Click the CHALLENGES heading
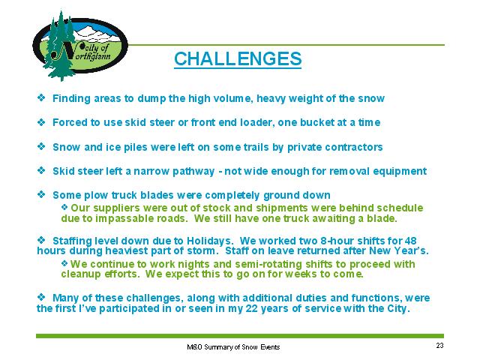pos(238,58)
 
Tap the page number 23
pos(440,346)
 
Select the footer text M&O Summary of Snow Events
pos(233,347)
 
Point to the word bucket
pos(317,122)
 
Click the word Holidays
pos(210,241)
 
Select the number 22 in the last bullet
pos(252,308)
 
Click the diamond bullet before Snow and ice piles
pos(41,146)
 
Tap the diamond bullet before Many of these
pos(41,297)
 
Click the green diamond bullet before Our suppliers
pos(64,207)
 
